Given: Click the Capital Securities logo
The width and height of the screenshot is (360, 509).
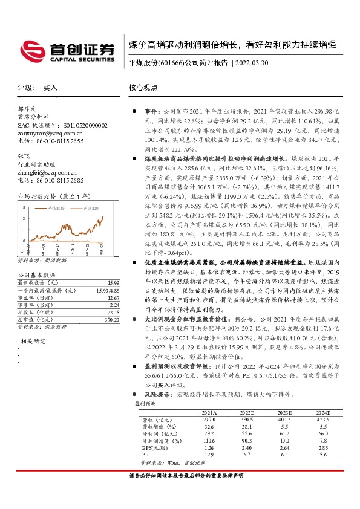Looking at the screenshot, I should pos(67,51).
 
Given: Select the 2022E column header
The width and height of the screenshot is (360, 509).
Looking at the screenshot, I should pos(248,412).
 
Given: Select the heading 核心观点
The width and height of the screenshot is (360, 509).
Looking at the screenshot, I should pos(143,88).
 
